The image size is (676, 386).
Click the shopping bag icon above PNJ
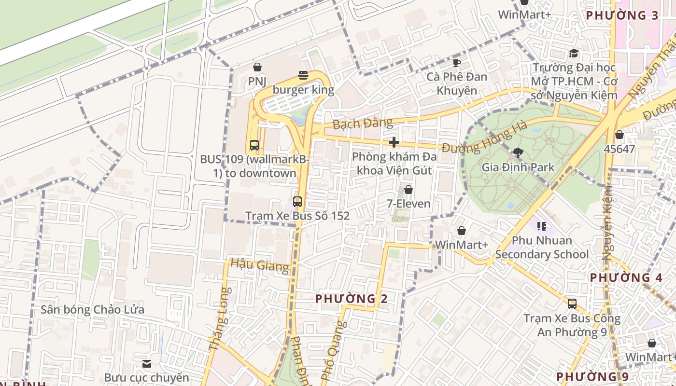pos(257,67)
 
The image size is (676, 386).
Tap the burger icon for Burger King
pos(303,75)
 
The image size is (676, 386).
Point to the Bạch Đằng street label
pos(363,124)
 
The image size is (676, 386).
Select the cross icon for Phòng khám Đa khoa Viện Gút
pos(394,142)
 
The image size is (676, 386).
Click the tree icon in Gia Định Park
pos(518,153)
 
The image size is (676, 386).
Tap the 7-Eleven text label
pos(408,204)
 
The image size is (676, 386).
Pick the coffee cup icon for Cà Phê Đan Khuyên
pos(457,63)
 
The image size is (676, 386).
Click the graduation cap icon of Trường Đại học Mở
pos(574,53)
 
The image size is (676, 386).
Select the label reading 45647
pos(619,149)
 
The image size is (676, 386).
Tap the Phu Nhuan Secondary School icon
pos(542,226)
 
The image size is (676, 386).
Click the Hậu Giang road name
pos(260,264)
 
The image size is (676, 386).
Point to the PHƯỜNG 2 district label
pos(352,299)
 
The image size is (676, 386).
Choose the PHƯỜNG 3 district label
pos(622,15)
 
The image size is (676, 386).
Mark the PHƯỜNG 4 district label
pos(626,277)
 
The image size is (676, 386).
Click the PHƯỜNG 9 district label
pos(592,376)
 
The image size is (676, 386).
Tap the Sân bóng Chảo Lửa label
pos(92,309)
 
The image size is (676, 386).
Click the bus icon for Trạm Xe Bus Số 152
pos(297,202)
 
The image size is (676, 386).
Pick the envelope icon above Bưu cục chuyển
pos(147,363)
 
